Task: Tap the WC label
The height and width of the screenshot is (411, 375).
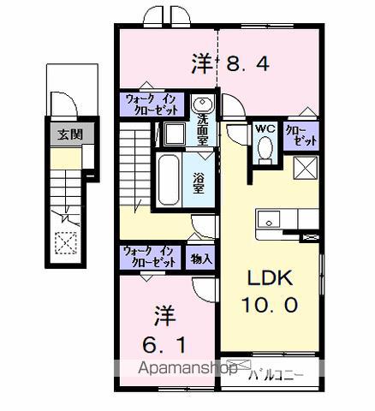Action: pos(265,128)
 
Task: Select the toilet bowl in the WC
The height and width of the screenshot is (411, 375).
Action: pos(265,147)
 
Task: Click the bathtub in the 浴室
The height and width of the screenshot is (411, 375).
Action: pos(168,180)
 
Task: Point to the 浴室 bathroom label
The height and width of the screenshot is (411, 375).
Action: pos(198,183)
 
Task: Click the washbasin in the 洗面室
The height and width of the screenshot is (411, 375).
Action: pos(202,104)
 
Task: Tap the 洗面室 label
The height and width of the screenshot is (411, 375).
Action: pos(202,130)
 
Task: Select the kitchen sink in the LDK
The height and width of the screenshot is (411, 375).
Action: pos(269,219)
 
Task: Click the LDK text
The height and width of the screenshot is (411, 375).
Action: pos(270,278)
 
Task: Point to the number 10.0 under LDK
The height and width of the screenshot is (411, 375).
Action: pos(270,305)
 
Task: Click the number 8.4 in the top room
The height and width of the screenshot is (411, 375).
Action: pos(247,63)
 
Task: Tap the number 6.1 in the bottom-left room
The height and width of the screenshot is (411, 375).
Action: pos(164,344)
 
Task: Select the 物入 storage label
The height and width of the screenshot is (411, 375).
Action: pos(201,259)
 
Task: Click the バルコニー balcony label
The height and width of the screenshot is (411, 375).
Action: pos(276,375)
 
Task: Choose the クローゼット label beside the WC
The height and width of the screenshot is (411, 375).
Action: pos(301,135)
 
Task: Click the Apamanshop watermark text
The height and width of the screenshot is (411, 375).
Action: pos(187,368)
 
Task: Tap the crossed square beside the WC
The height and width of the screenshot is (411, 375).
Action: pos(305,168)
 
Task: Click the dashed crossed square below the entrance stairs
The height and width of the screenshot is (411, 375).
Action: pos(66,243)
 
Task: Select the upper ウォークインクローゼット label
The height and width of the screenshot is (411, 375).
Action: pos(152,104)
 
